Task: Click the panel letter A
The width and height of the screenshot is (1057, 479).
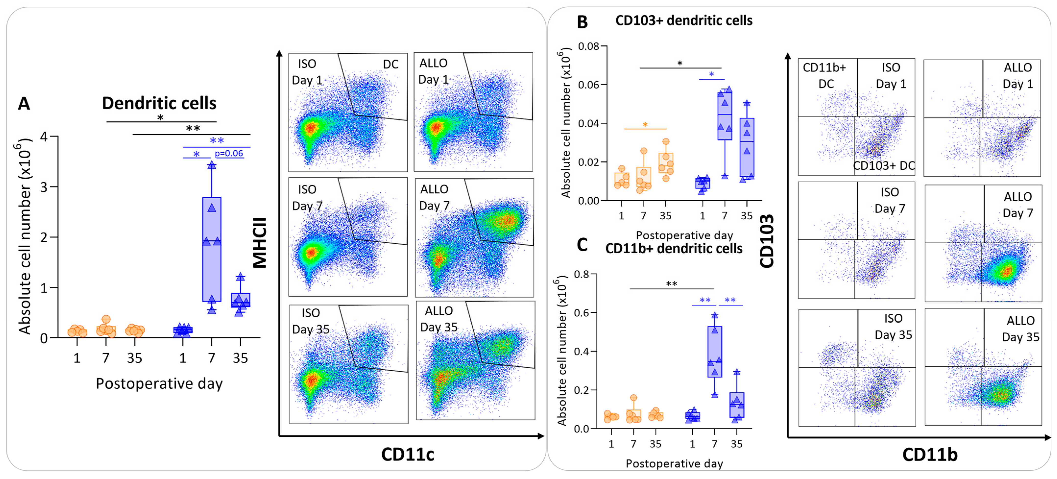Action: click(x=24, y=103)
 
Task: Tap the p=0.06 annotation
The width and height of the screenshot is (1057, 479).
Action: click(x=229, y=154)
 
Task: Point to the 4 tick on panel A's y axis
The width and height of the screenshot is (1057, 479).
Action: click(x=44, y=137)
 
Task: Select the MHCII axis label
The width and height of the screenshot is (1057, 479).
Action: click(x=260, y=242)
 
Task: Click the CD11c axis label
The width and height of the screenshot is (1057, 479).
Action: click(x=408, y=454)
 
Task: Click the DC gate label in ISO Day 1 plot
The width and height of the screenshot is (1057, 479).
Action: click(x=391, y=64)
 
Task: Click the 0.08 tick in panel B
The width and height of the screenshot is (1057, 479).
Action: click(x=589, y=46)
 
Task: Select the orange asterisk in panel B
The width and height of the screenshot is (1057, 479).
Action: click(x=645, y=125)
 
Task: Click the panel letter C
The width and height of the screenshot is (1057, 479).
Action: click(x=582, y=245)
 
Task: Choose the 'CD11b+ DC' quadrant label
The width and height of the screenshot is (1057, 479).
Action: click(x=825, y=75)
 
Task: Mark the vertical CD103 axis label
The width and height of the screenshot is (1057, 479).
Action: click(x=767, y=241)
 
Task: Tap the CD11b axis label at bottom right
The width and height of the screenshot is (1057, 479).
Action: click(x=930, y=454)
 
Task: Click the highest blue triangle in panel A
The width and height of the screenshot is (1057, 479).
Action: click(x=212, y=165)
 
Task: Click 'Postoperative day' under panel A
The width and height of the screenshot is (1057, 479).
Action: click(x=159, y=383)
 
